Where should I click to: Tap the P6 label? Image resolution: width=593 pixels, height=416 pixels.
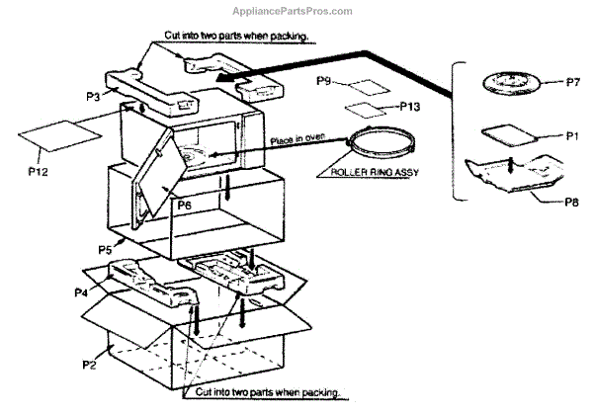[x=184, y=206]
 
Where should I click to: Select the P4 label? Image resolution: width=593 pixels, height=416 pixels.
[x=83, y=292]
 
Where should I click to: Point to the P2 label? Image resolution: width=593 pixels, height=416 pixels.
[x=89, y=365]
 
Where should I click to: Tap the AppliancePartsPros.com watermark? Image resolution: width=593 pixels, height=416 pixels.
[x=296, y=11]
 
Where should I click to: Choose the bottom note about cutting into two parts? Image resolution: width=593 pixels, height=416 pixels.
[x=265, y=392]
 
